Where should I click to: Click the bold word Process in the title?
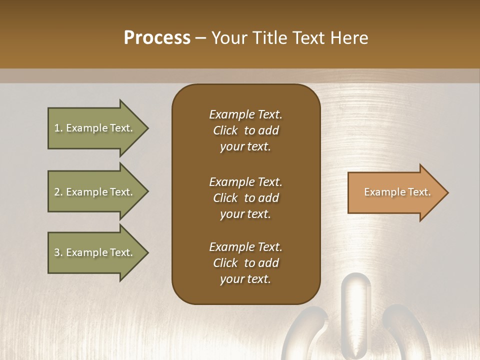(x=157, y=38)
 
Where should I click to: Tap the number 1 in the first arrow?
(x=57, y=128)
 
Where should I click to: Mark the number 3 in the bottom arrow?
(x=57, y=253)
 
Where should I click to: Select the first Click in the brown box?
(x=225, y=131)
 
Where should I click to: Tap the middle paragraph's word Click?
(x=225, y=198)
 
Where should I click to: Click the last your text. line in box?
(x=245, y=279)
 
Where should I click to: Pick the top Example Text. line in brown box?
(x=245, y=114)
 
